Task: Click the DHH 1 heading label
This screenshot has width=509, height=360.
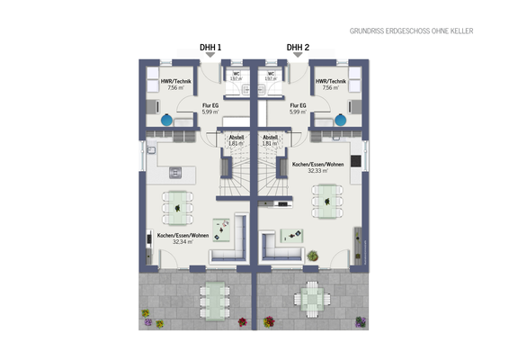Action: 210,47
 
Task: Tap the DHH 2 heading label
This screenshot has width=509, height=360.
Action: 298,47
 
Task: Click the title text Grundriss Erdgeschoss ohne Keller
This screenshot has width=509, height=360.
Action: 411,31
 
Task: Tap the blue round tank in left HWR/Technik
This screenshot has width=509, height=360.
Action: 168,120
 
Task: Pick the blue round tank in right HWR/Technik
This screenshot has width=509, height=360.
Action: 340,120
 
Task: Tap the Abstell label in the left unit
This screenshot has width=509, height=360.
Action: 236,138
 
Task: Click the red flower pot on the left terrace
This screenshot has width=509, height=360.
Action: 241,322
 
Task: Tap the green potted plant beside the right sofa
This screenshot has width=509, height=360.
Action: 311,256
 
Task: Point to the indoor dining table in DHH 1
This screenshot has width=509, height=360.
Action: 178,206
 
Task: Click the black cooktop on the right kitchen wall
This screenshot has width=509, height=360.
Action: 356,161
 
